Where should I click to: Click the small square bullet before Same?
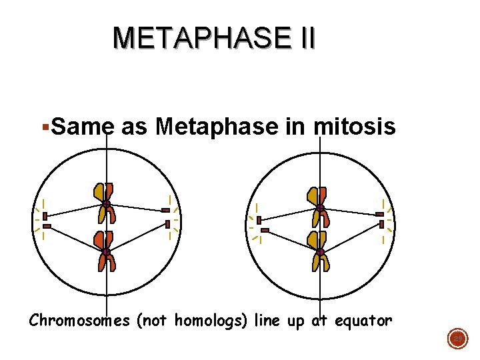pos(44,125)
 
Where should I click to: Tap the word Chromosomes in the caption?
pos(79,321)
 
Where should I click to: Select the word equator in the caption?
pos(363,321)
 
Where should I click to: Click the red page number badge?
pos(457,339)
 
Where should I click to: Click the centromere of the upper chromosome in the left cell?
pos(106,204)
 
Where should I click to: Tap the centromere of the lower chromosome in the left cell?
pos(106,252)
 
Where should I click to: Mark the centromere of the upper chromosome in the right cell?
pos(320,208)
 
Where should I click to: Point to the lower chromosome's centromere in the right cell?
pos(320,251)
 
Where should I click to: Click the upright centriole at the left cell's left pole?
pos(45,216)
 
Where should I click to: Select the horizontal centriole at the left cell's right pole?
pos(165,210)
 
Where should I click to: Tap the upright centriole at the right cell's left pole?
pos(259,220)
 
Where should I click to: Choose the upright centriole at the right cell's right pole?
pos(382,224)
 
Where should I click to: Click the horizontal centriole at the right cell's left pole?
pos(265,231)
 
